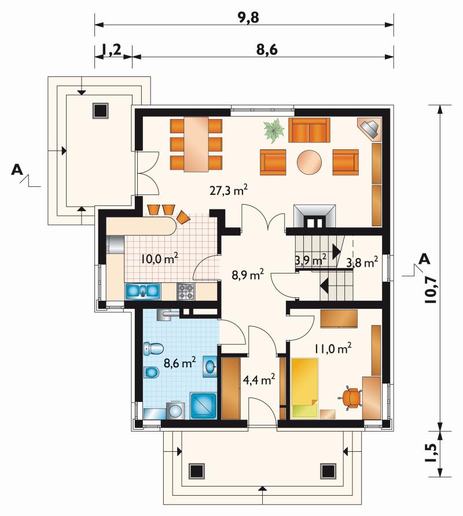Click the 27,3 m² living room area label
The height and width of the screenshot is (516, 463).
pyautogui.click(x=229, y=190)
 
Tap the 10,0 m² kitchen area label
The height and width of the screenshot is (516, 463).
pyautogui.click(x=160, y=259)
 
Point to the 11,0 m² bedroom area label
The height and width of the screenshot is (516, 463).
pyautogui.click(x=333, y=348)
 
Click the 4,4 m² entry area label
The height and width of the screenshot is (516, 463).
pyautogui.click(x=259, y=379)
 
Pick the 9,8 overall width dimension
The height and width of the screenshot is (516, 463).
pyautogui.click(x=249, y=18)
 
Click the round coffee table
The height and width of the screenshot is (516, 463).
pyautogui.click(x=309, y=162)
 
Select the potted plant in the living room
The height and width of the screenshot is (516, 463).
pyautogui.click(x=274, y=131)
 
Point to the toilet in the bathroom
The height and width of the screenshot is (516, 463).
pyautogui.click(x=153, y=348)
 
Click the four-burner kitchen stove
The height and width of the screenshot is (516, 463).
pyautogui.click(x=186, y=292)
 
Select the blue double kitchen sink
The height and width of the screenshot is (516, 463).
pyautogui.click(x=142, y=292)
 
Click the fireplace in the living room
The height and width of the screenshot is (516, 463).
pyautogui.click(x=314, y=216)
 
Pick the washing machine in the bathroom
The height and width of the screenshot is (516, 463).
pyautogui.click(x=176, y=411)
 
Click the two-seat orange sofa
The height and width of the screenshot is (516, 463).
pyautogui.click(x=309, y=130)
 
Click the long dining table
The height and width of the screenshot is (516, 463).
pyautogui.click(x=196, y=144)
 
